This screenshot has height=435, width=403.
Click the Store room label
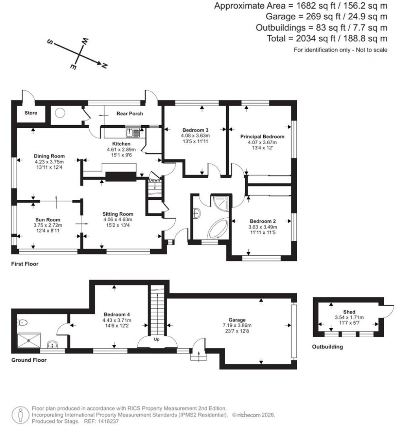(x=31, y=113)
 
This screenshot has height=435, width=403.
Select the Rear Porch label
(x=129, y=114)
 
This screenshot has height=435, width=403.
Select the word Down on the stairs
(x=154, y=180)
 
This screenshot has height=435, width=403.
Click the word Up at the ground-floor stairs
(x=156, y=339)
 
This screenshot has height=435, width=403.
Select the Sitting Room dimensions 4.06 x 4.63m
(x=118, y=219)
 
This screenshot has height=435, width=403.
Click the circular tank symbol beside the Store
(x=60, y=113)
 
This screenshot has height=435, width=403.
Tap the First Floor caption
(x=25, y=264)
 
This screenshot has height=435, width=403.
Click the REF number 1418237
(x=107, y=421)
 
